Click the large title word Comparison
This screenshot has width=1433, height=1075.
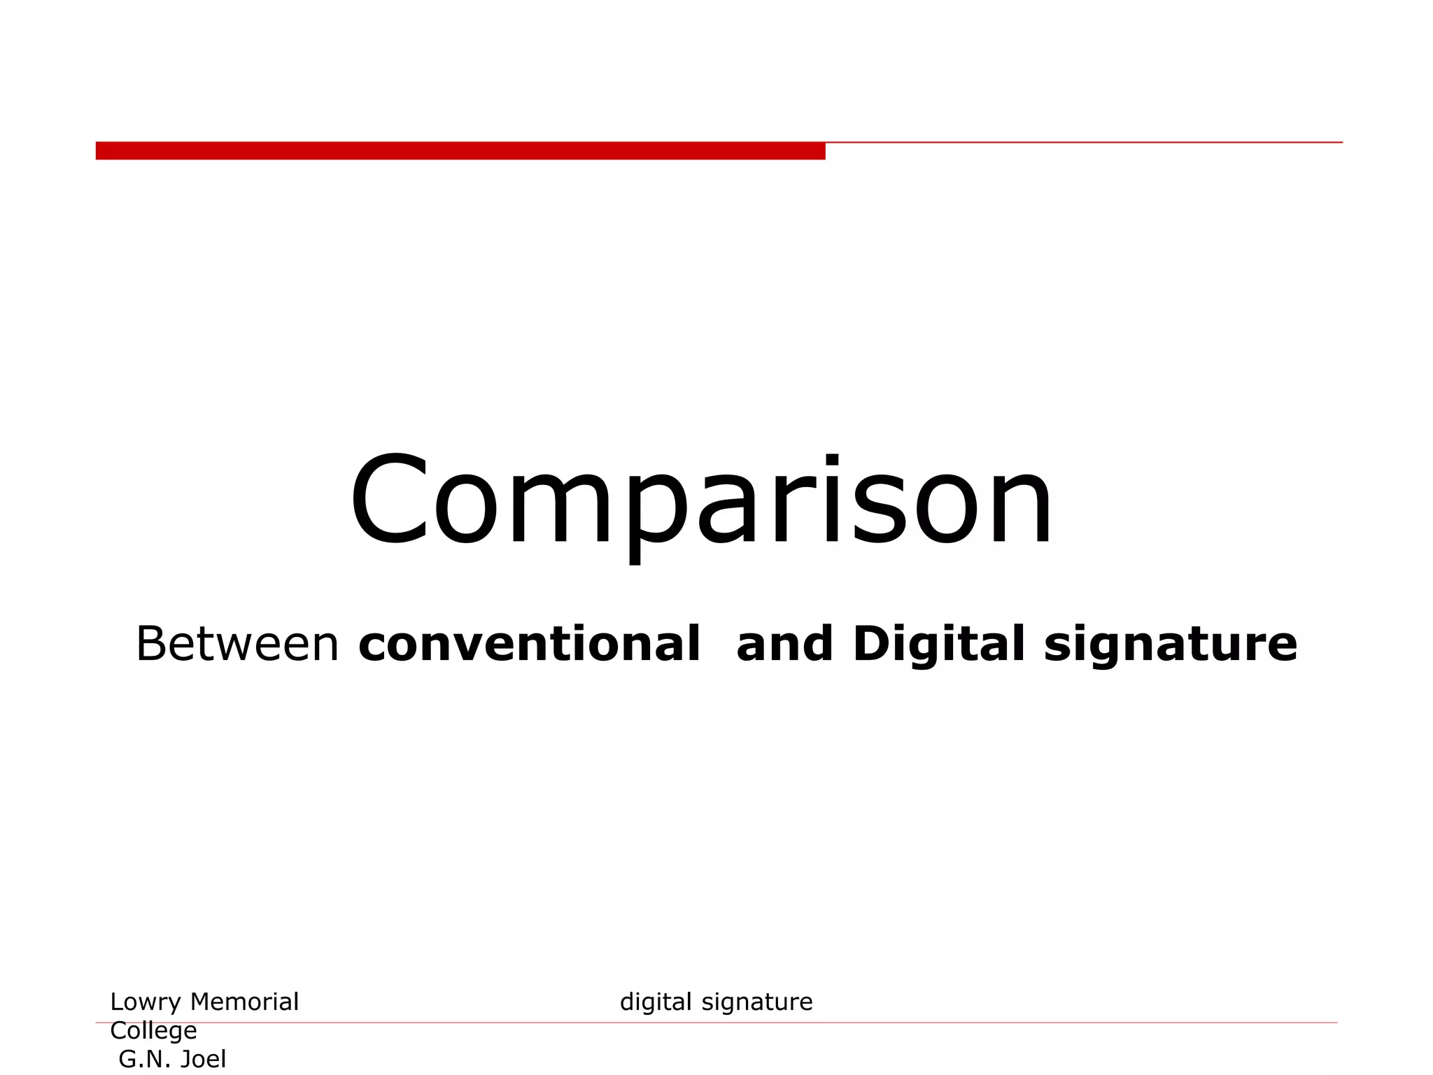(701, 501)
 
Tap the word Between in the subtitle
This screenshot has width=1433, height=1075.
(237, 644)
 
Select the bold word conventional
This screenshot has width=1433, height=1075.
(529, 644)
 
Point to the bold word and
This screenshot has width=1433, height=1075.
(784, 644)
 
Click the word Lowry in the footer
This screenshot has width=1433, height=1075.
(146, 1003)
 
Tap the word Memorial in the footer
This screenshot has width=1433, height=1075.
(244, 1002)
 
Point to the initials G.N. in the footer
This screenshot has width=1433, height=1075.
(143, 1060)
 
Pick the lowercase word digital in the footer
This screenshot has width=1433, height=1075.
(656, 1003)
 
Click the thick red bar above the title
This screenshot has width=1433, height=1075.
(460, 150)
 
